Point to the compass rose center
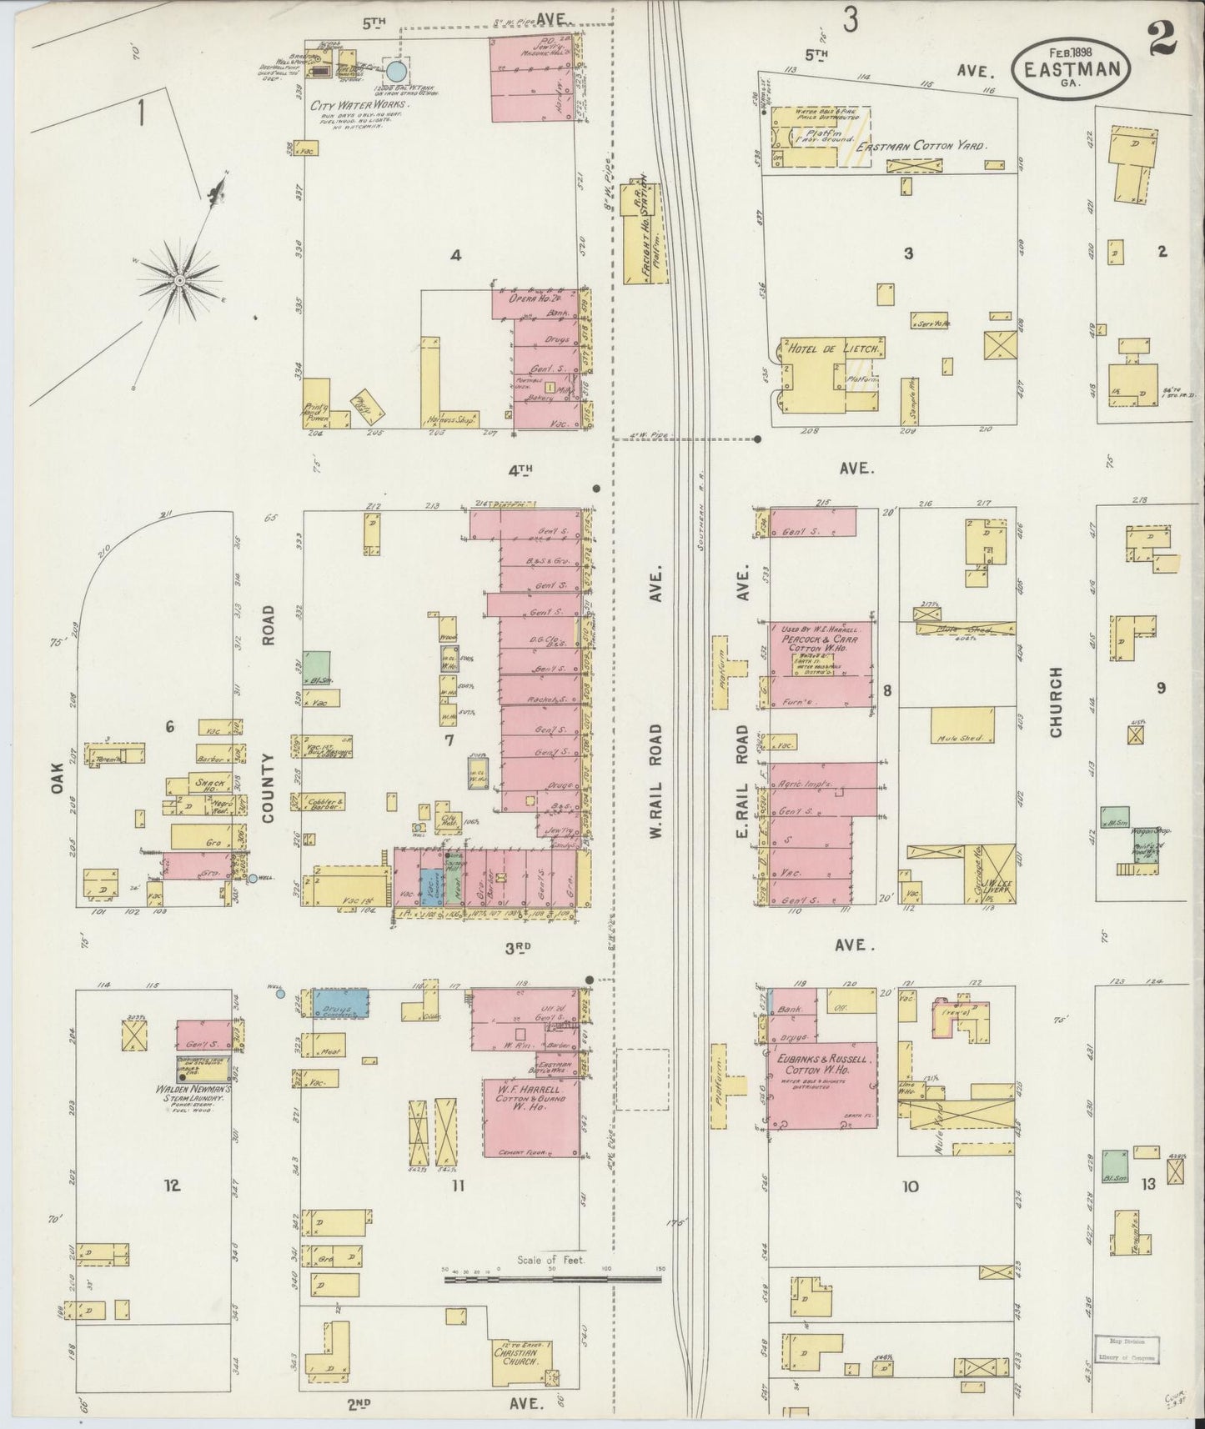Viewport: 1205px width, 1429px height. [x=178, y=280]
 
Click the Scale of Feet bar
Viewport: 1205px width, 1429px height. [x=553, y=1277]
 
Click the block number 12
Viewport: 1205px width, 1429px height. [x=172, y=1186]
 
